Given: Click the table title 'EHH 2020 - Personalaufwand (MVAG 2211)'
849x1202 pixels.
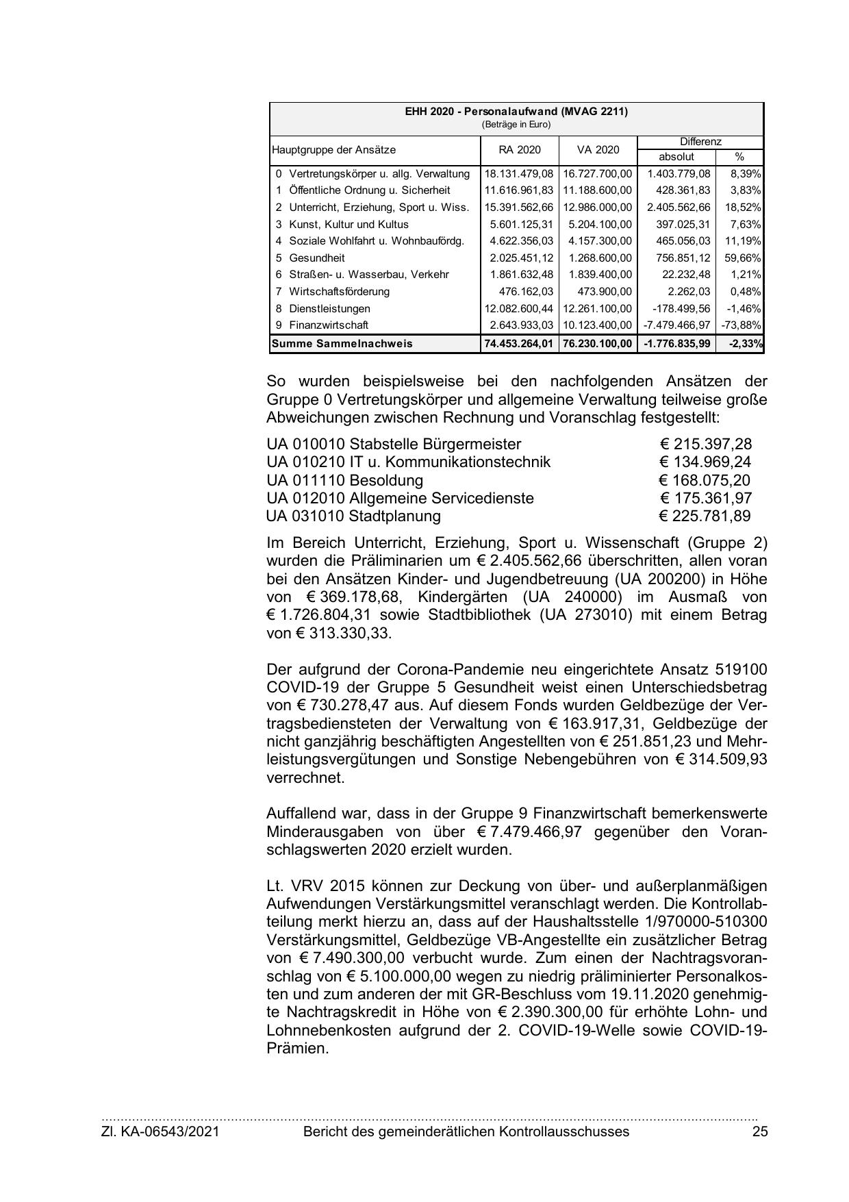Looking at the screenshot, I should tap(516, 112).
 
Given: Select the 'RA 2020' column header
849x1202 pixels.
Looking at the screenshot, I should tap(519, 150).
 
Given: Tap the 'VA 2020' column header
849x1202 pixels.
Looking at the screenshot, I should tap(598, 150).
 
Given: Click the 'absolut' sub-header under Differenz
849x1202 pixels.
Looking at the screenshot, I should tap(676, 157).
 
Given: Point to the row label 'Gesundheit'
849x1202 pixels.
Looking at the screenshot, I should tap(316, 258).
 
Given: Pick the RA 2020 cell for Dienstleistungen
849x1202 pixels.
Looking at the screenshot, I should tap(519, 309).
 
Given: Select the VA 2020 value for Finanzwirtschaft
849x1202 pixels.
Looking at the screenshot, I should tap(598, 325).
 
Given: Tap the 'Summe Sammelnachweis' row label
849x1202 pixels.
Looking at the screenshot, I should tap(342, 343).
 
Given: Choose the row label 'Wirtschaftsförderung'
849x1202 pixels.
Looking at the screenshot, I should tap(339, 292).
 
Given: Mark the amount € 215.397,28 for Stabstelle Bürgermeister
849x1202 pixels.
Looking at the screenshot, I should tap(705, 444).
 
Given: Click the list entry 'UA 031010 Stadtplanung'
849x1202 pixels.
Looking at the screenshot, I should tap(353, 516).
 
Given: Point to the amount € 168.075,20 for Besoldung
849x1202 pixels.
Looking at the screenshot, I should tap(705, 480).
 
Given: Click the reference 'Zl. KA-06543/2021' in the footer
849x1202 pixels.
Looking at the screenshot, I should tap(160, 1131).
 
